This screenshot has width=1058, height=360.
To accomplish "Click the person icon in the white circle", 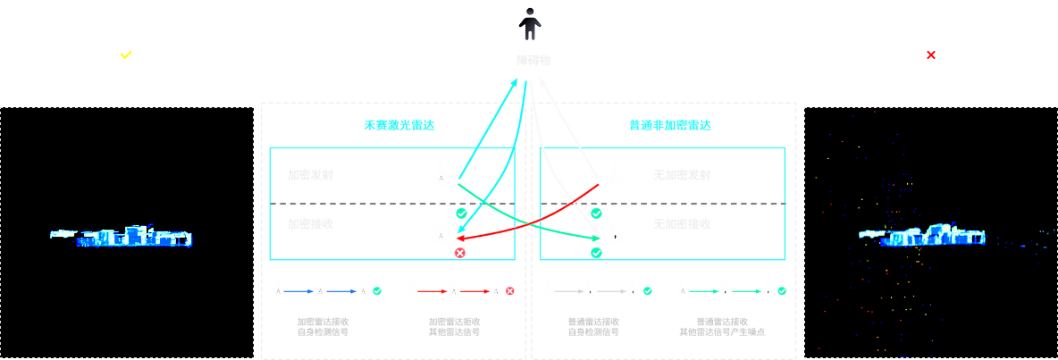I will [x=530, y=24].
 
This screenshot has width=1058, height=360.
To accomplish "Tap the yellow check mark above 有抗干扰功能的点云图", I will [x=126, y=54].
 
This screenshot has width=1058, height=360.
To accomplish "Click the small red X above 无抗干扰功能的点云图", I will [x=931, y=54].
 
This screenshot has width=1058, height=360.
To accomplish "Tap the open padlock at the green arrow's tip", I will [x=615, y=233].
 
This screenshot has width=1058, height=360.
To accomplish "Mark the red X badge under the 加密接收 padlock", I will [x=460, y=253].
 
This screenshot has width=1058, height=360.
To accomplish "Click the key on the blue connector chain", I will [x=278, y=289].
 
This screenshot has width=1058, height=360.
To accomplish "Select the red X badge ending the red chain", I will [x=509, y=291].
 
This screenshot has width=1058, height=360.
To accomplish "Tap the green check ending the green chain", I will [x=782, y=291].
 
